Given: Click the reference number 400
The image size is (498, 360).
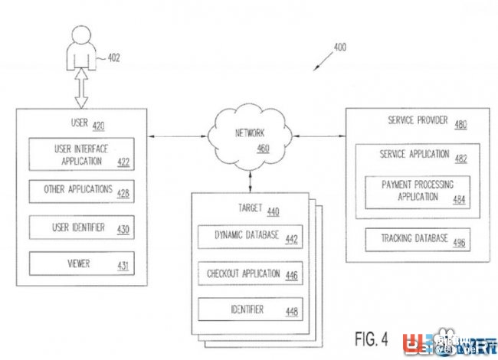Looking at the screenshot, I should pos(339,47).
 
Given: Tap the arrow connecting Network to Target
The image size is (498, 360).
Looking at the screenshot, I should pos(251,182).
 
